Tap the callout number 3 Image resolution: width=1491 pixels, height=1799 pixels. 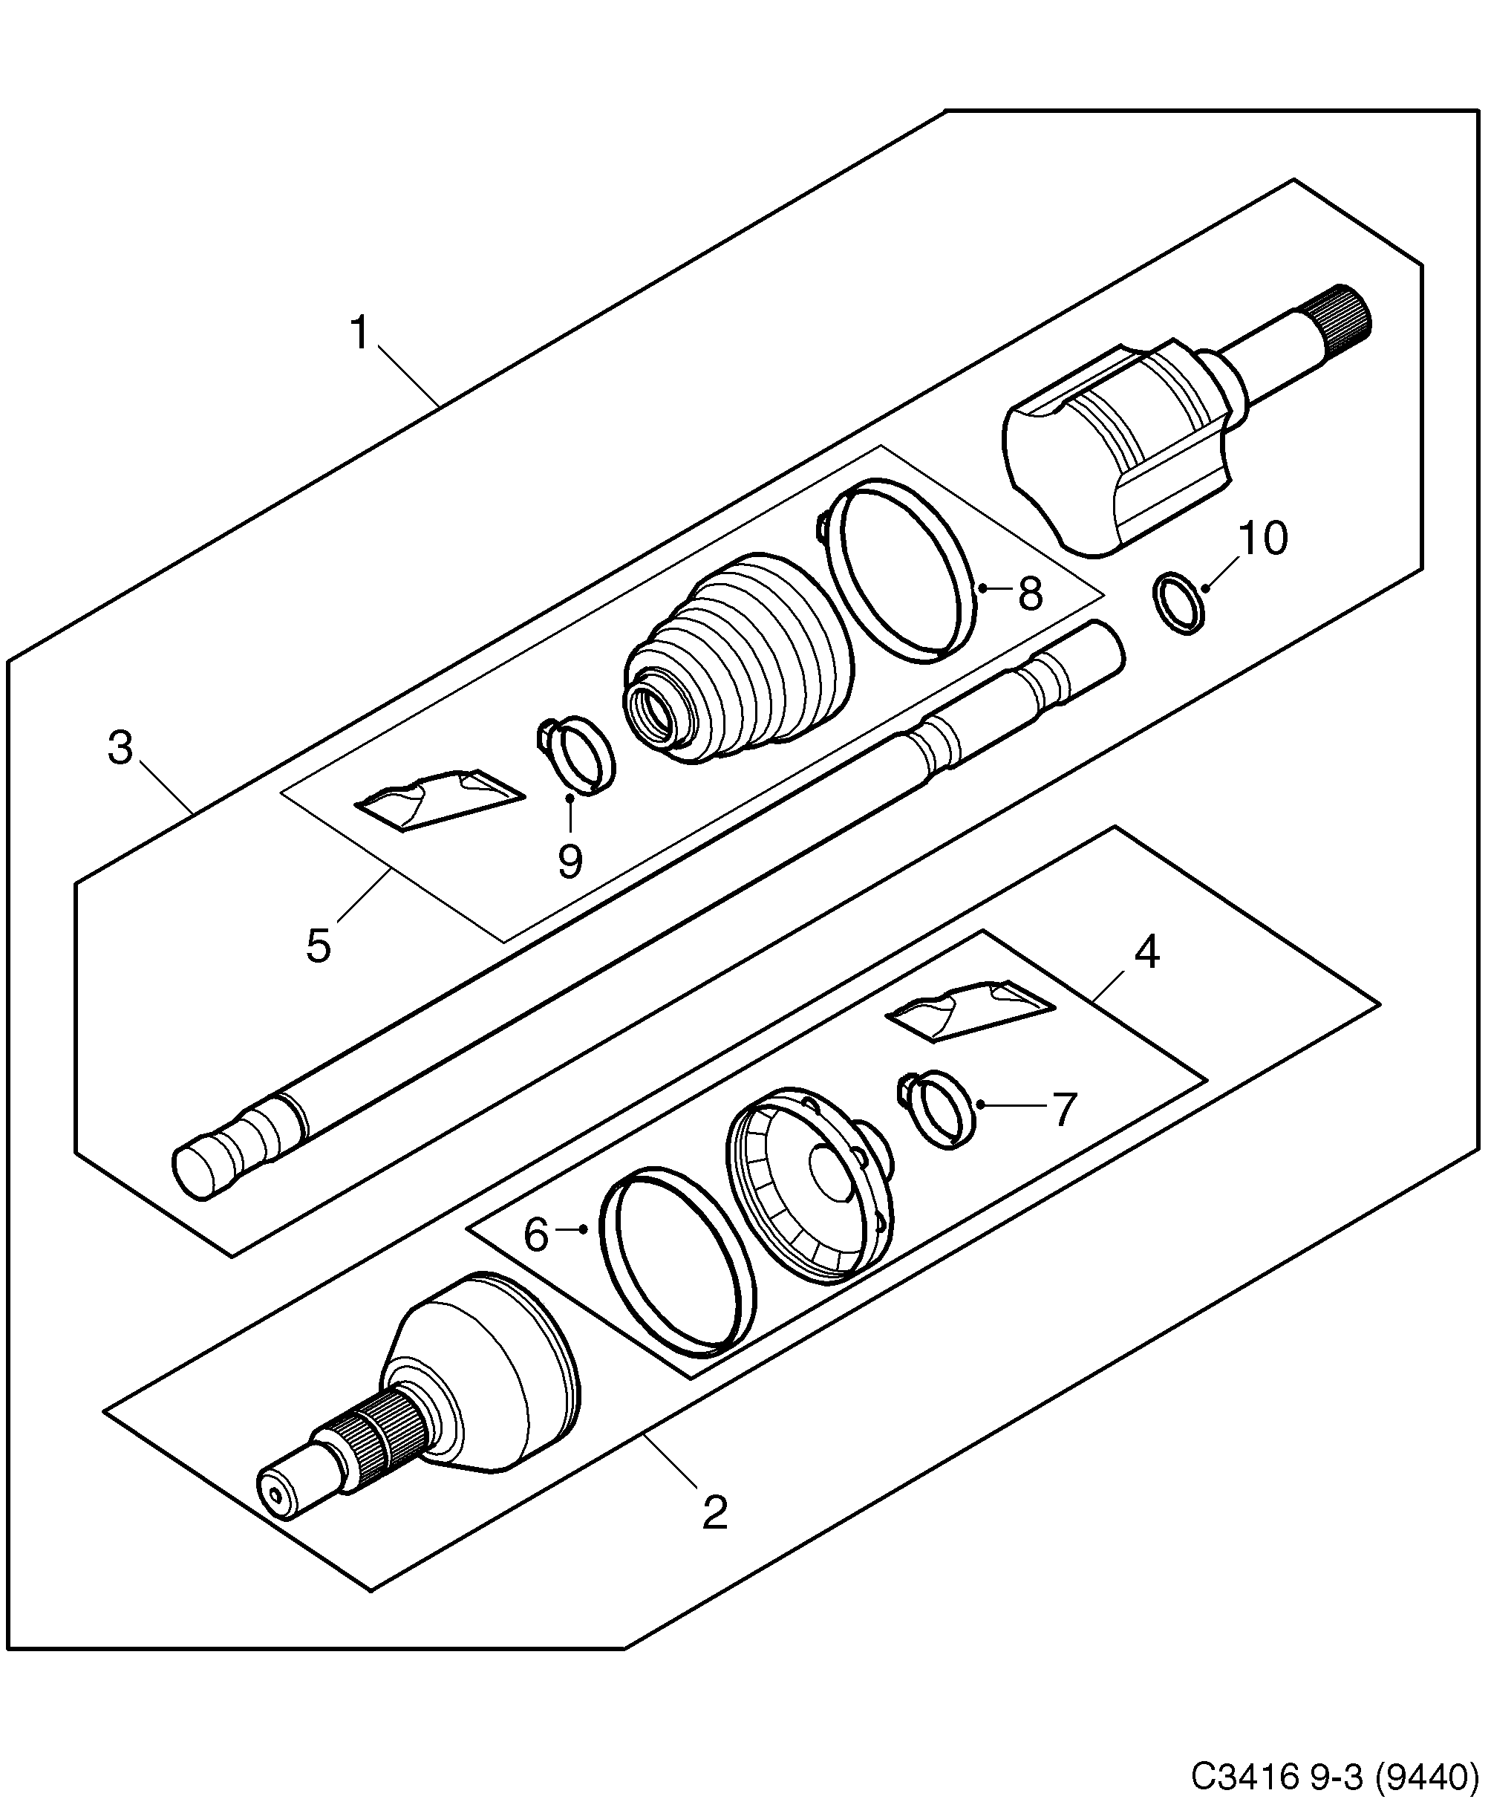121,748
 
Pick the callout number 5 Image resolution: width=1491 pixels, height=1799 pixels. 318,946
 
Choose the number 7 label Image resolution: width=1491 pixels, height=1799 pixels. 1062,1110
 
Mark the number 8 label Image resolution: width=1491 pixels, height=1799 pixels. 1030,593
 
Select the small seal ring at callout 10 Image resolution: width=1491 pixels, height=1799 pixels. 1181,604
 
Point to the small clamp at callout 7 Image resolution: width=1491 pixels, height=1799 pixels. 942,1110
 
